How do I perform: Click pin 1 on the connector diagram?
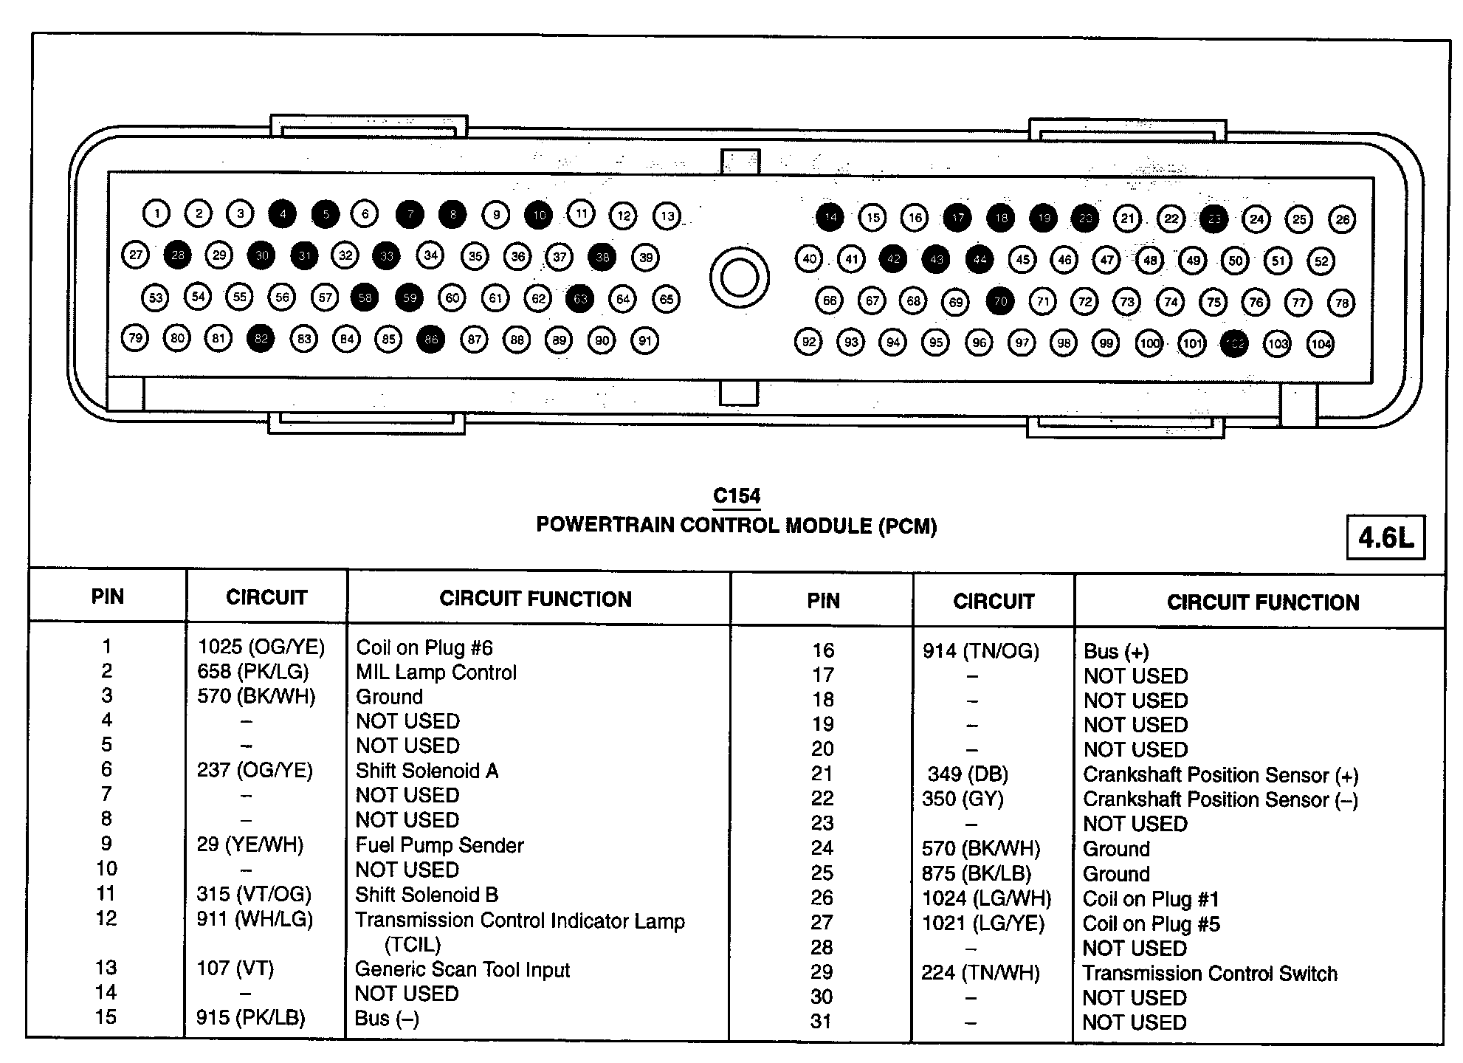pos(156,214)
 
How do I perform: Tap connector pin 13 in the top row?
pos(667,216)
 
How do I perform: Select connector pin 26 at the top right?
pos(1342,219)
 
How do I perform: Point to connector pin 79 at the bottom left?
pos(135,339)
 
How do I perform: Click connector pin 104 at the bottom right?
pos(1321,343)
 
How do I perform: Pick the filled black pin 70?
pos(1000,301)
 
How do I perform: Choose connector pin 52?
pos(1321,261)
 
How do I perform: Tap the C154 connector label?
pos(737,496)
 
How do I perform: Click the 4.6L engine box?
pos(1385,537)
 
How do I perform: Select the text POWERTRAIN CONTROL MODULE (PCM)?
pos(736,526)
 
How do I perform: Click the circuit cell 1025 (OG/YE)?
pos(261,647)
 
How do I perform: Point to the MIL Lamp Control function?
pos(436,672)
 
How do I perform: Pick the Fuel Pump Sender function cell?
pos(440,845)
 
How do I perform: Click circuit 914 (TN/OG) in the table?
pos(980,651)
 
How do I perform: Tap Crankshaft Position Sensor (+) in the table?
pos(1220,775)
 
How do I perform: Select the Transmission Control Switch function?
pos(1209,974)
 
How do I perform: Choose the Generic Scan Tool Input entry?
pos(462,969)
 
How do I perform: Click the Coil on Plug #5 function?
pos(1151,924)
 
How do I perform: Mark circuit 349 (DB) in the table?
pos(968,774)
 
